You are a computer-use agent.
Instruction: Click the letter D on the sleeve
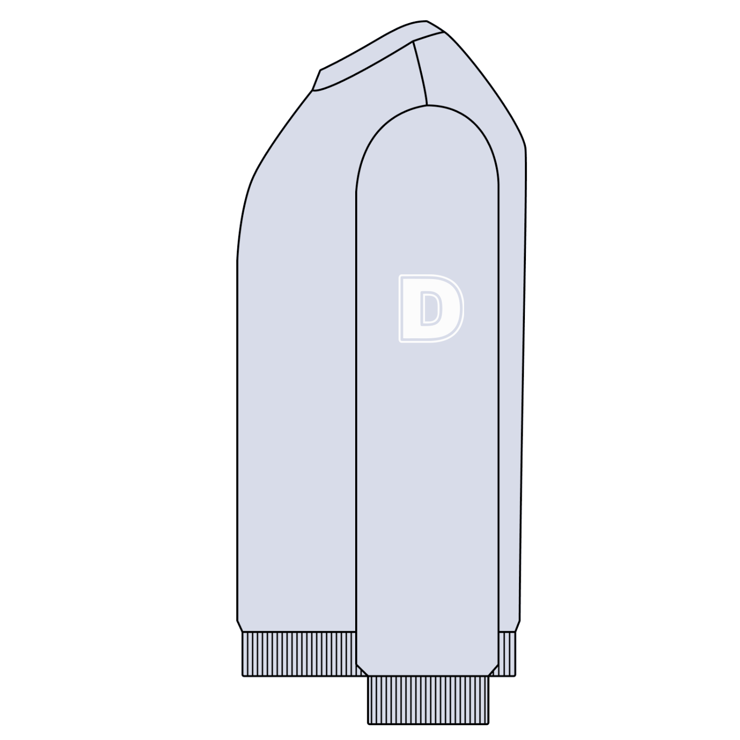click(431, 308)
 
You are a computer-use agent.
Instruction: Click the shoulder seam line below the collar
click(420, 74)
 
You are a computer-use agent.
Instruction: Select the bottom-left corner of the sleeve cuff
click(368, 723)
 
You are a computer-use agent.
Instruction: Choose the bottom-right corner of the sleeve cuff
click(488, 723)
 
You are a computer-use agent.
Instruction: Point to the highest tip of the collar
click(426, 21)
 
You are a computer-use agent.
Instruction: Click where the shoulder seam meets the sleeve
click(427, 105)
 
